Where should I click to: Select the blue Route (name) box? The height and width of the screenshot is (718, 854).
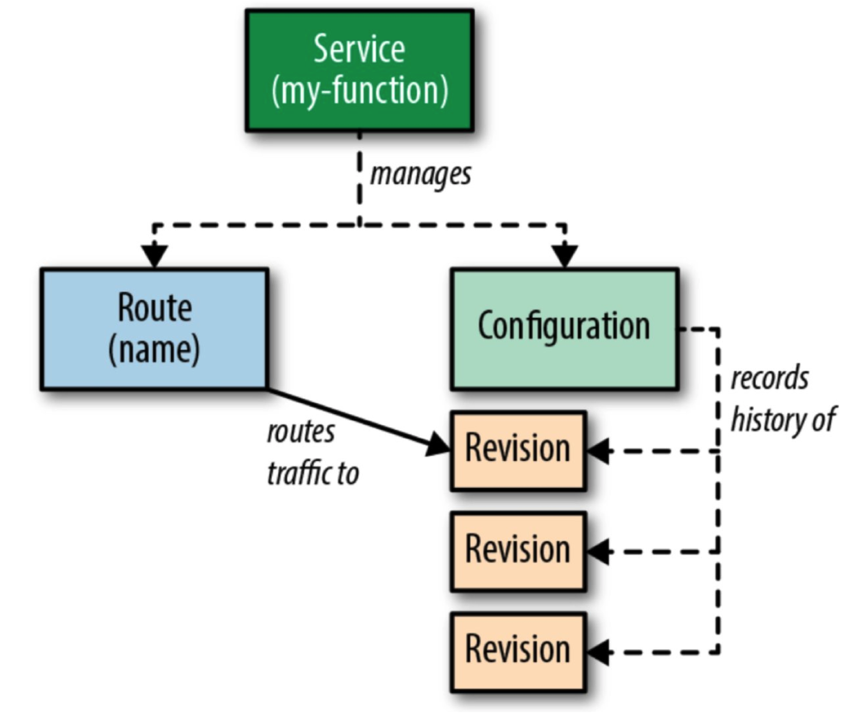(x=154, y=329)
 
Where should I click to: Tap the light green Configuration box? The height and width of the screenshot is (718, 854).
(x=564, y=329)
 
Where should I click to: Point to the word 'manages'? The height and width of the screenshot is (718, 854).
(x=421, y=175)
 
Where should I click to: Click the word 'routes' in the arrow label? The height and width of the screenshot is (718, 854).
(x=301, y=432)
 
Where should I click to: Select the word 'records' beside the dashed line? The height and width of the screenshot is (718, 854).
(x=769, y=378)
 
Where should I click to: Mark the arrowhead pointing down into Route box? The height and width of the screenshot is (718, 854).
(x=154, y=255)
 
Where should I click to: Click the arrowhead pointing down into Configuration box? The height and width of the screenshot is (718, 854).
(x=565, y=255)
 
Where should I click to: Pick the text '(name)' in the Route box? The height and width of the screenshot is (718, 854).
(x=154, y=350)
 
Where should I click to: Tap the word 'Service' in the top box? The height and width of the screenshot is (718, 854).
(x=359, y=49)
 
